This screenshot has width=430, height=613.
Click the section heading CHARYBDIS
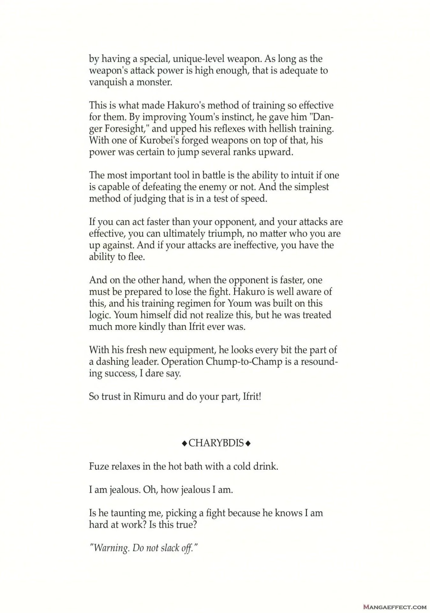point(216,443)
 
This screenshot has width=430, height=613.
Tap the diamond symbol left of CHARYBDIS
point(184,443)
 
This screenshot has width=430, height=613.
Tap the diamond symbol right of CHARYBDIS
point(248,443)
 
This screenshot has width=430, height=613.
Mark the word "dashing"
point(111,362)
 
